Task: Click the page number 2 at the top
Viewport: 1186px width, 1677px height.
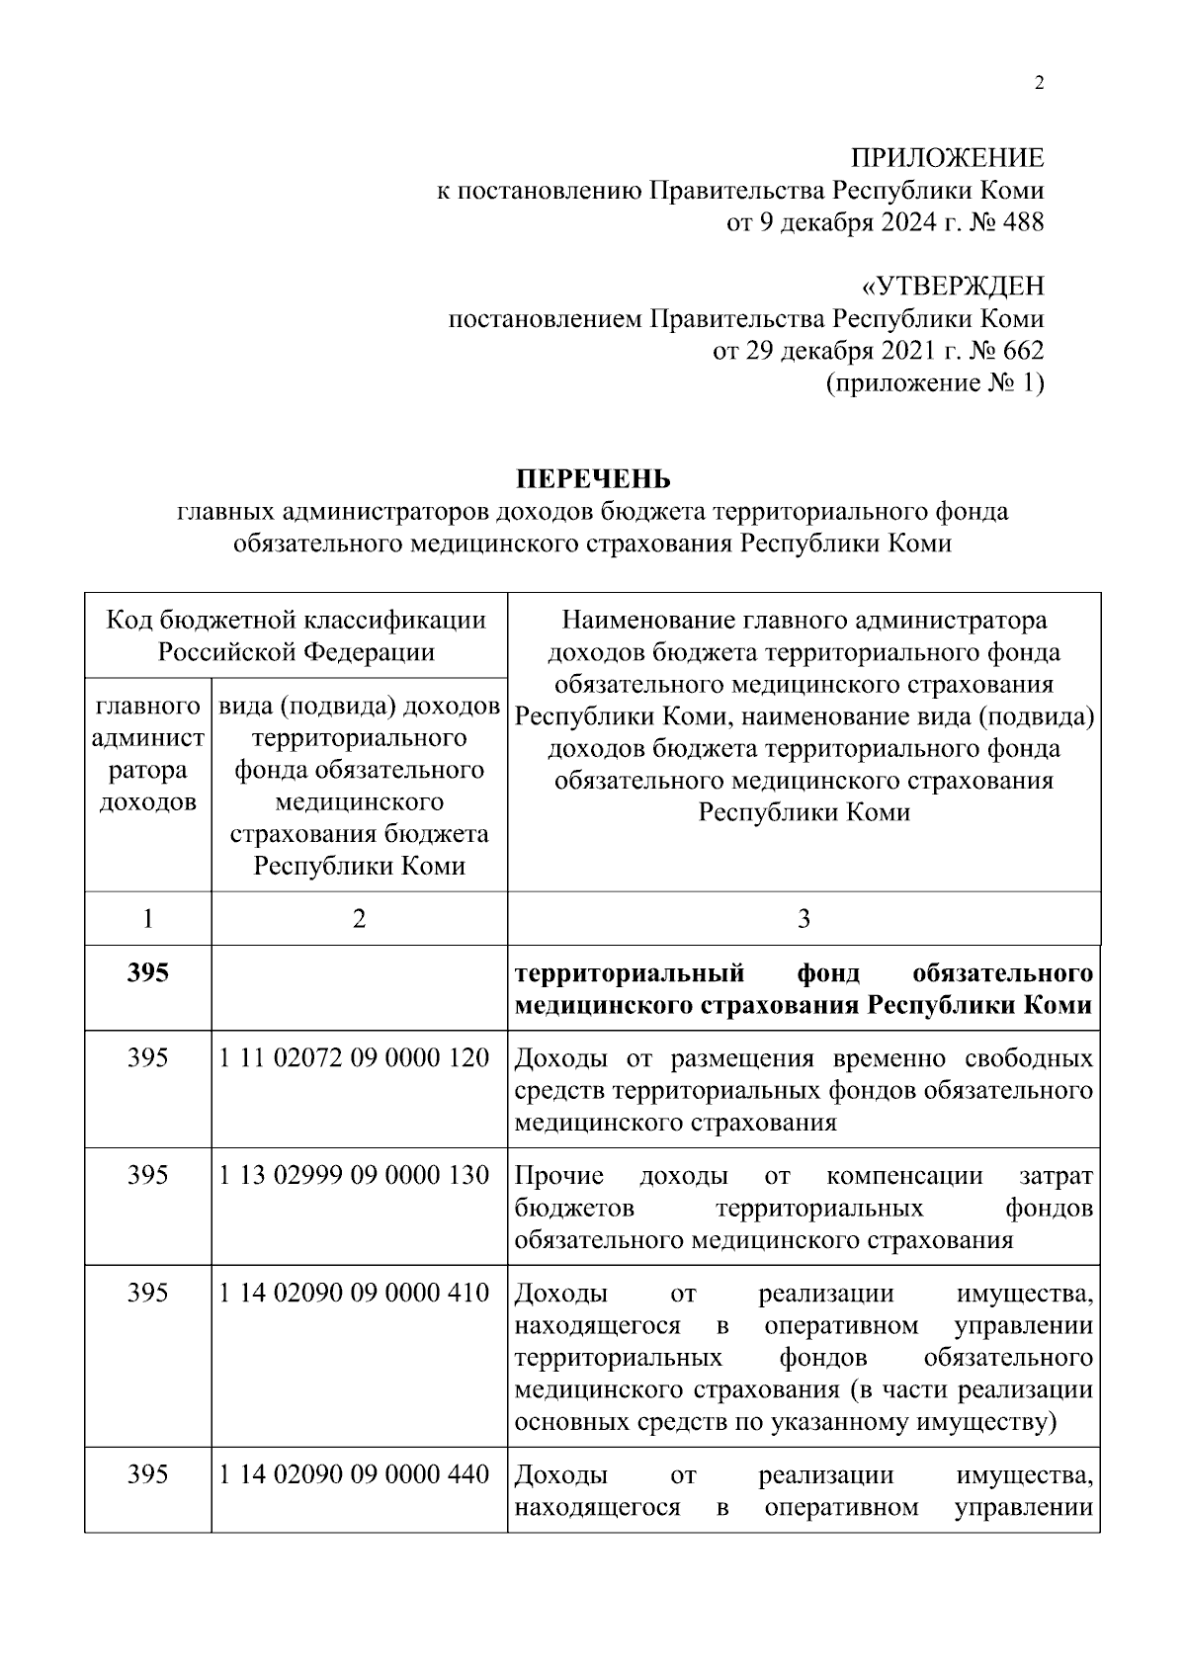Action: coord(1038,83)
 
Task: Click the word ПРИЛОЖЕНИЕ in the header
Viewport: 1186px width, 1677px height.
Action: coord(948,158)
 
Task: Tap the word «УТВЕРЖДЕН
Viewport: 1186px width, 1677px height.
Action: coord(953,287)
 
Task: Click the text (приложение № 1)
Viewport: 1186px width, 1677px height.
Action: coord(934,383)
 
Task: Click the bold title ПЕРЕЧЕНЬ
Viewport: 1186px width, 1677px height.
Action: coord(592,479)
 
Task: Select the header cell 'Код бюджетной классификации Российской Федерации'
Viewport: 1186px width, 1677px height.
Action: coord(296,635)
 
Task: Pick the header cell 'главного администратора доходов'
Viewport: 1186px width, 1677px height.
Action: coord(147,754)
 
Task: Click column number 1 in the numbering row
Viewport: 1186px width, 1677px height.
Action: coord(147,919)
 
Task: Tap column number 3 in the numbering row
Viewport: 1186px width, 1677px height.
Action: coord(804,919)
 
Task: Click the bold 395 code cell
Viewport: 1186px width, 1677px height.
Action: coord(147,973)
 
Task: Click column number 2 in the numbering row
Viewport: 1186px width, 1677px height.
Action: coord(359,919)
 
